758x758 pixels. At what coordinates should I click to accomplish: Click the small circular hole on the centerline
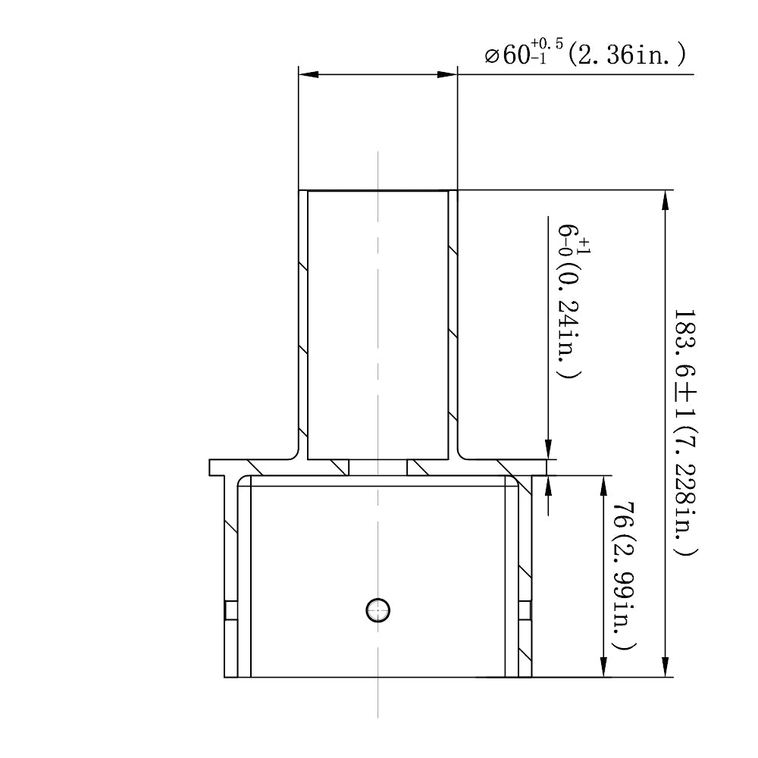(377, 609)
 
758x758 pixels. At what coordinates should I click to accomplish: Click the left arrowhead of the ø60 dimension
(308, 74)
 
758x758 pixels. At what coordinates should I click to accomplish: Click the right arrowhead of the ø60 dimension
(449, 74)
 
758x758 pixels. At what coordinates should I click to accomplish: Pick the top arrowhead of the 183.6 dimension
(665, 199)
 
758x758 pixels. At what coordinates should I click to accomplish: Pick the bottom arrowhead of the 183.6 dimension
(665, 668)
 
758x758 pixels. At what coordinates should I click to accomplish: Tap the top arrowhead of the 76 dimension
(603, 485)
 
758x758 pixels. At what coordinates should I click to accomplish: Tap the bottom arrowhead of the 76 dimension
(603, 668)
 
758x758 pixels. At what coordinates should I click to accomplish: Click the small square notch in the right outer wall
(524, 610)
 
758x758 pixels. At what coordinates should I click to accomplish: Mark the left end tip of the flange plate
(211, 467)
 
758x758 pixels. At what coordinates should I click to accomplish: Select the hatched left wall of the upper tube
(303, 318)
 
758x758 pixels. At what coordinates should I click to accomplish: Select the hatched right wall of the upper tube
(453, 318)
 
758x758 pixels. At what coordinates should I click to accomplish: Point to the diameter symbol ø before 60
(491, 56)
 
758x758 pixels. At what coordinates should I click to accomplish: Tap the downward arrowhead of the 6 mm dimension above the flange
(548, 450)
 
